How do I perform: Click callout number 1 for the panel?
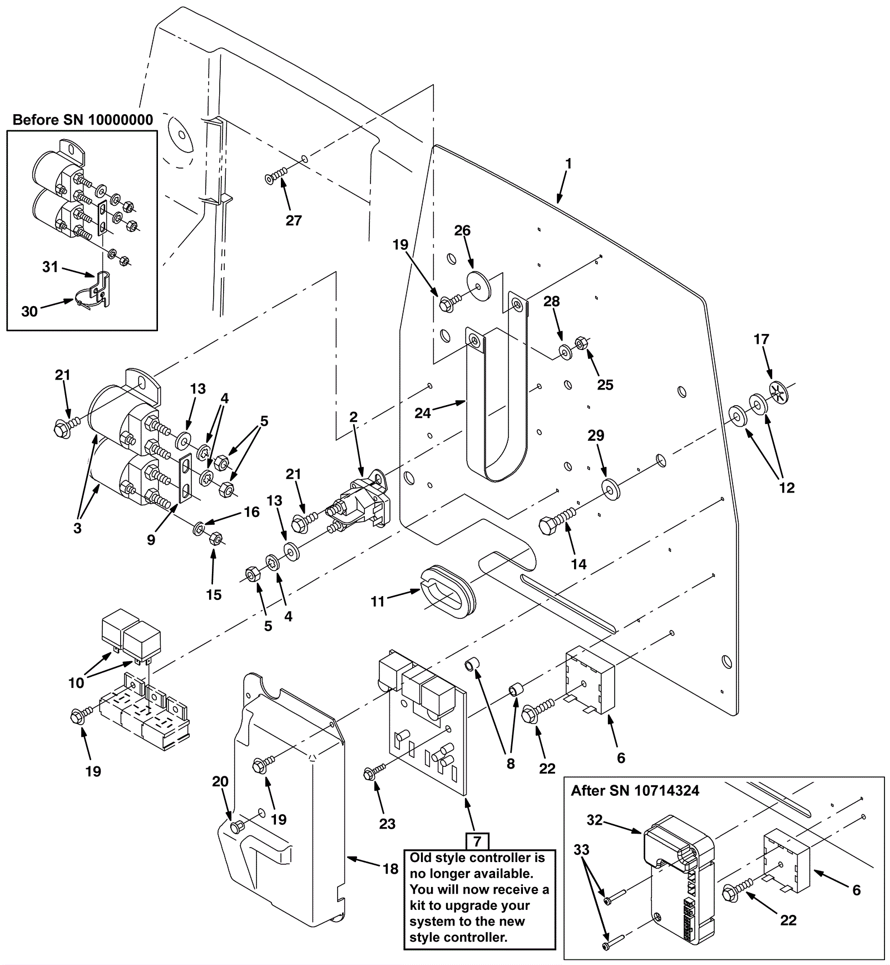click(568, 164)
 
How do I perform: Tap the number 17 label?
click(761, 339)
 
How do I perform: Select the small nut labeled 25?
click(578, 342)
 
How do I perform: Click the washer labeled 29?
click(612, 488)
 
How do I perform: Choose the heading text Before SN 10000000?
click(83, 120)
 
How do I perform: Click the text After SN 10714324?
click(635, 791)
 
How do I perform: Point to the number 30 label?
click(29, 311)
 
